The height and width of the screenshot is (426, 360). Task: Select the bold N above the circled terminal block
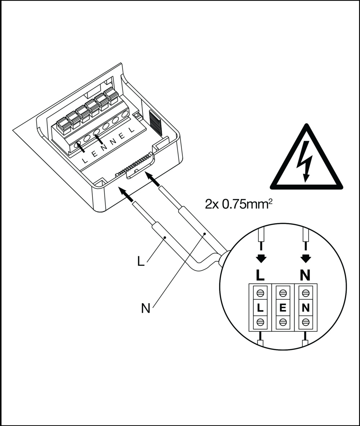point(305,275)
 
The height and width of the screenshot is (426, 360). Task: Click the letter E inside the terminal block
point(283,308)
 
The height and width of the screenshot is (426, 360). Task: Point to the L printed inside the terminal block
point(260,308)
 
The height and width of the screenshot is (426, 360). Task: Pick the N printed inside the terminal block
point(306,308)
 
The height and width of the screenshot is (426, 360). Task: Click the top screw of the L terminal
point(260,293)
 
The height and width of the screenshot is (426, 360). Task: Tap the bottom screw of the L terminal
point(260,322)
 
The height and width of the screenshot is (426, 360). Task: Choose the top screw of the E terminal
point(283,293)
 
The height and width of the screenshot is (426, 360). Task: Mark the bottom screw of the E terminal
point(283,322)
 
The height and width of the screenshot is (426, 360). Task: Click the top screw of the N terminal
point(306,293)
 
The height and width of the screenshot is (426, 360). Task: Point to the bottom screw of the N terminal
point(306,322)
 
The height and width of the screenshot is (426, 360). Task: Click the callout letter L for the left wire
point(141,261)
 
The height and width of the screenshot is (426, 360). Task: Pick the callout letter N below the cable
point(145,309)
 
